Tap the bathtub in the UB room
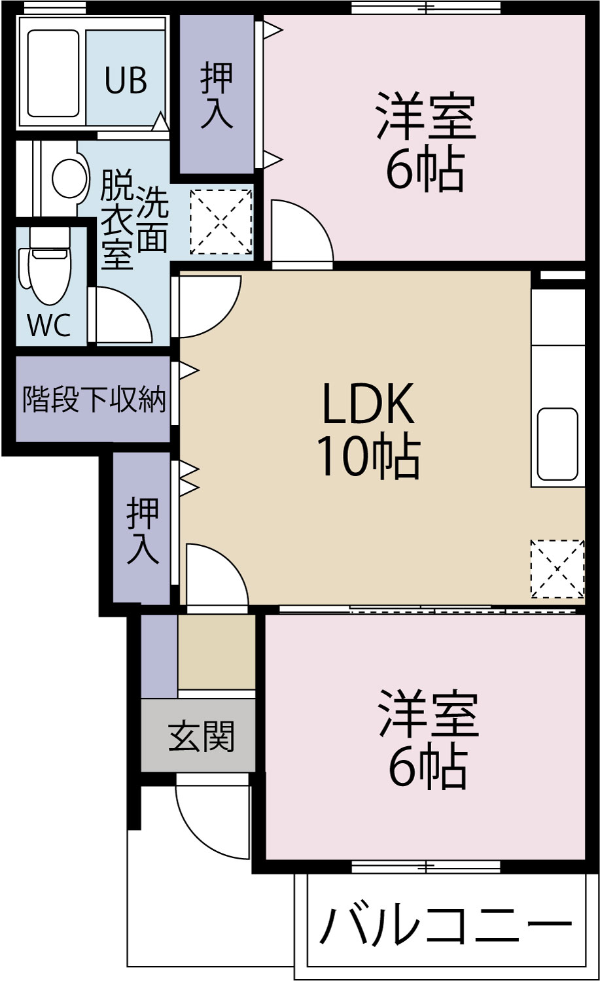(x=54, y=73)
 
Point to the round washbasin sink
(x=69, y=178)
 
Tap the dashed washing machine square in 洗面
(x=221, y=222)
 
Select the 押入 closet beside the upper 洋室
(x=217, y=95)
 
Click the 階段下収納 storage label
(x=94, y=399)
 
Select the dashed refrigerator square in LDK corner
(x=557, y=568)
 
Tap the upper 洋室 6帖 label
(x=425, y=143)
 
